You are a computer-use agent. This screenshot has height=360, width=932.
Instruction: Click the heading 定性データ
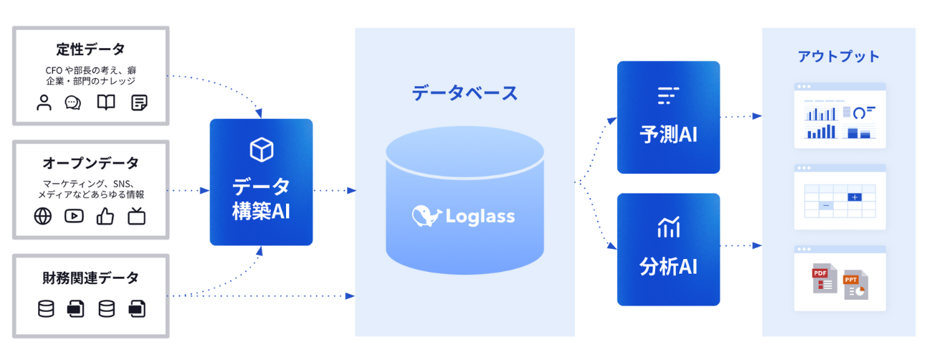coord(90,49)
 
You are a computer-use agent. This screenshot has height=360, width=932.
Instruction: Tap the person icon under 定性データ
coord(44,103)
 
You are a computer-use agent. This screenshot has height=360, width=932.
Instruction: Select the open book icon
coord(106,103)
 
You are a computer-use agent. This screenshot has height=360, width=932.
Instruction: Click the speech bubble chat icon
coord(73,103)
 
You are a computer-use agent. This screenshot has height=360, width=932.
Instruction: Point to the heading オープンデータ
coord(90,163)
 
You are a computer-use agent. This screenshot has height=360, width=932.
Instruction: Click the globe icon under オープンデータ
coord(43,217)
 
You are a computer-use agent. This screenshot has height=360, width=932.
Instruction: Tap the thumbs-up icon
coord(105,216)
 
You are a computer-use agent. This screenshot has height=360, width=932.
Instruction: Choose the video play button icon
coord(74,216)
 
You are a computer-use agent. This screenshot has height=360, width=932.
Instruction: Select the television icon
coord(136,217)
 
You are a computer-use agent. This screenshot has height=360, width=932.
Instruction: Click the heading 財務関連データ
coord(90,278)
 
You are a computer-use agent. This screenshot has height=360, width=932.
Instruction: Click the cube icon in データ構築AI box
coord(261,149)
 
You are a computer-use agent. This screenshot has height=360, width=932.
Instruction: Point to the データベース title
coord(465,93)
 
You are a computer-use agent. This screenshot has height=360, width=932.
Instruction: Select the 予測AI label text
coord(668,135)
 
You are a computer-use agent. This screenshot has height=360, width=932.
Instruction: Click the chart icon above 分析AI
coord(669,227)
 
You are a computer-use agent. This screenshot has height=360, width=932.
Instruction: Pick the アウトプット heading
coord(838,56)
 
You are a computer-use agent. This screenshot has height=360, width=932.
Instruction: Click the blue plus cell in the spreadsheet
coord(855,197)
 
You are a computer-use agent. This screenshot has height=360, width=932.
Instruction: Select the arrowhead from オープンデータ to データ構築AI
coord(204,191)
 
